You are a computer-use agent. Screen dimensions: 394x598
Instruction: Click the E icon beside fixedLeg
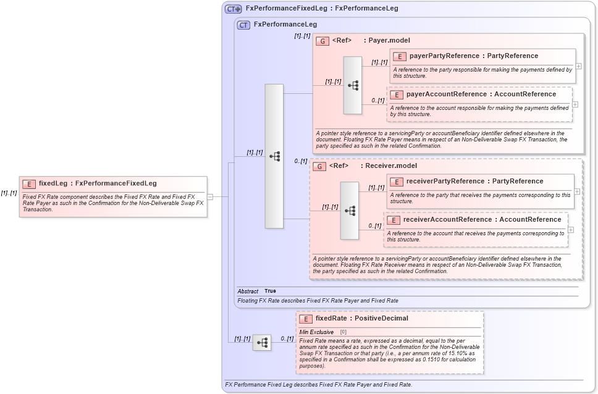pos(29,183)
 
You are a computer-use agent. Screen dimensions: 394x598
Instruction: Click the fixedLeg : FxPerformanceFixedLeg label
pos(98,183)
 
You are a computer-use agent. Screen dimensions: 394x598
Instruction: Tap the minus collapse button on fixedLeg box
pos(210,196)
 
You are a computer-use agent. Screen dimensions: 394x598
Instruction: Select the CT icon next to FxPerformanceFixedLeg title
pos(233,9)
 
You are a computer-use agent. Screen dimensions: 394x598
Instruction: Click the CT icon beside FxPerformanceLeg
pos(243,25)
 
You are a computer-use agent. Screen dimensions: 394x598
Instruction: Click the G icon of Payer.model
pos(322,41)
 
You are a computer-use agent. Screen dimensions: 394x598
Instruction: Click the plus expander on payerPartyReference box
pos(578,66)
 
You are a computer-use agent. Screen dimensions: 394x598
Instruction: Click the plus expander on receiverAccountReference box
pos(571,230)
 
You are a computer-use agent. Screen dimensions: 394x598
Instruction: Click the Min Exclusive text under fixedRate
pos(316,332)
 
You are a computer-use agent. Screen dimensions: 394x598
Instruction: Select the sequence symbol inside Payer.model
pos(353,85)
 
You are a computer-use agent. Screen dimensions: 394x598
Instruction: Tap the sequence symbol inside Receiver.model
pos(349,211)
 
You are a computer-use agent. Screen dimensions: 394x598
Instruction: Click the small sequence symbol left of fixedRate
pos(262,342)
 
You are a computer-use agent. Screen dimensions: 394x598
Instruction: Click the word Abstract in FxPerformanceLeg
pos(248,291)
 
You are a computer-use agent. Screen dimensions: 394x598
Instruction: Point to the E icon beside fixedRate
pos(305,319)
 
